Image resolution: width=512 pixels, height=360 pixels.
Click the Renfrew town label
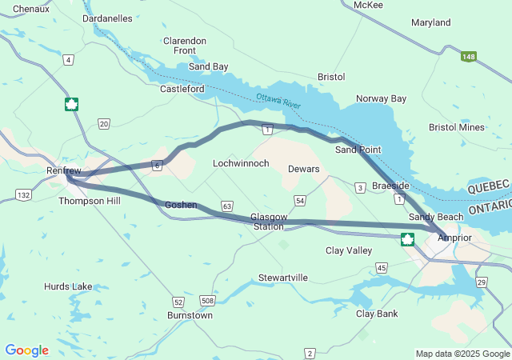(64, 170)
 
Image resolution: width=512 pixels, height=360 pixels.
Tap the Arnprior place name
(455, 238)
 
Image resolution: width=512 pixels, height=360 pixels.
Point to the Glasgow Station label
(267, 222)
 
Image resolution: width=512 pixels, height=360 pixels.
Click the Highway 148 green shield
(469, 57)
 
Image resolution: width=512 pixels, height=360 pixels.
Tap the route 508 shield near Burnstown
(208, 301)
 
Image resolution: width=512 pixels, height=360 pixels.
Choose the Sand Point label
(358, 149)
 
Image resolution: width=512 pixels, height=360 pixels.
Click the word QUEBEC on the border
(487, 185)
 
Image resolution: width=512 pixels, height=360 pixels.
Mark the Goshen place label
(180, 205)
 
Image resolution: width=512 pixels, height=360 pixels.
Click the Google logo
(26, 350)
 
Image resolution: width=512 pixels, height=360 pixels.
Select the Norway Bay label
(381, 98)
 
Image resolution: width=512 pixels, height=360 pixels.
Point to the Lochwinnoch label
(241, 163)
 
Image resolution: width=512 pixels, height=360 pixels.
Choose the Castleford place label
(182, 89)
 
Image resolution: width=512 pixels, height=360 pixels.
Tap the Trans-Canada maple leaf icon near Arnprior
(407, 238)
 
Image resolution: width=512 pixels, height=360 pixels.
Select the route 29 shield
(481, 283)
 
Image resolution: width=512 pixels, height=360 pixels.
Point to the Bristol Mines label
(456, 127)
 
